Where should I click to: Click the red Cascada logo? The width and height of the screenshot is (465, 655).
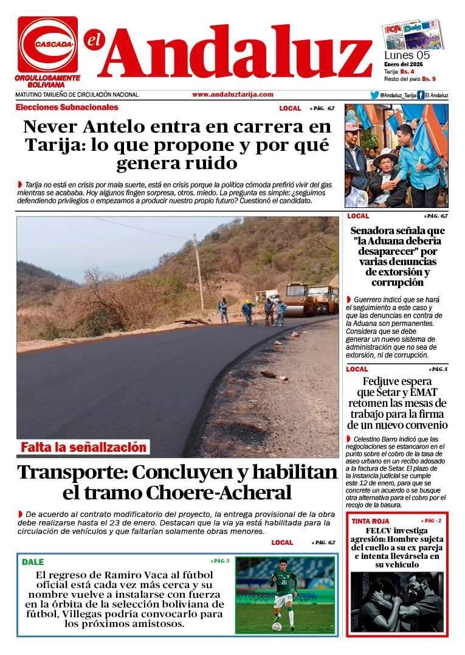pos(47,44)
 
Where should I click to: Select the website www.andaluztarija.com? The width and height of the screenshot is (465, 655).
pos(232,94)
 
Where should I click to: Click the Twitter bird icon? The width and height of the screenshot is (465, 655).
pos(374,95)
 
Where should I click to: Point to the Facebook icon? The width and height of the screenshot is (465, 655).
pos(420,95)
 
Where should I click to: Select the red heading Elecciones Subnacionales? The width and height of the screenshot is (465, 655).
pos(67,108)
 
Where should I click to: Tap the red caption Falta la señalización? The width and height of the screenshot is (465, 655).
pos(83,448)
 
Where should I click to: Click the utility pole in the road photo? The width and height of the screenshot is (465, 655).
pos(198,274)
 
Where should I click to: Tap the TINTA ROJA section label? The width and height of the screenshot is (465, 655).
pos(370,522)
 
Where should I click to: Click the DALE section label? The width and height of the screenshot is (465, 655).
pos(33,562)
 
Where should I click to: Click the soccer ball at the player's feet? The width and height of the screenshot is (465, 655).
pos(277,626)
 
